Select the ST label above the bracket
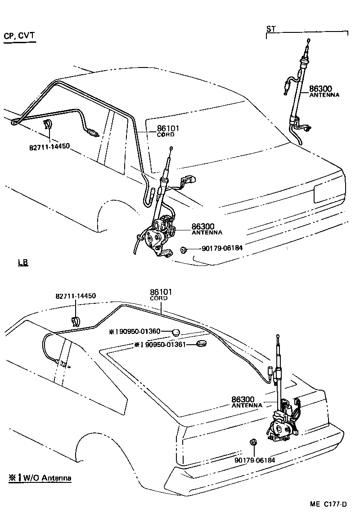(271, 29)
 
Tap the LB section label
(23, 263)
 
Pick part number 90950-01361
(163, 345)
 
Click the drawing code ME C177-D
(328, 504)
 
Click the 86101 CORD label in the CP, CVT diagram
(168, 131)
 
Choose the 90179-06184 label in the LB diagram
(254, 460)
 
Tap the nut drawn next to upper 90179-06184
(184, 249)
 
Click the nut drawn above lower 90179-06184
(253, 442)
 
